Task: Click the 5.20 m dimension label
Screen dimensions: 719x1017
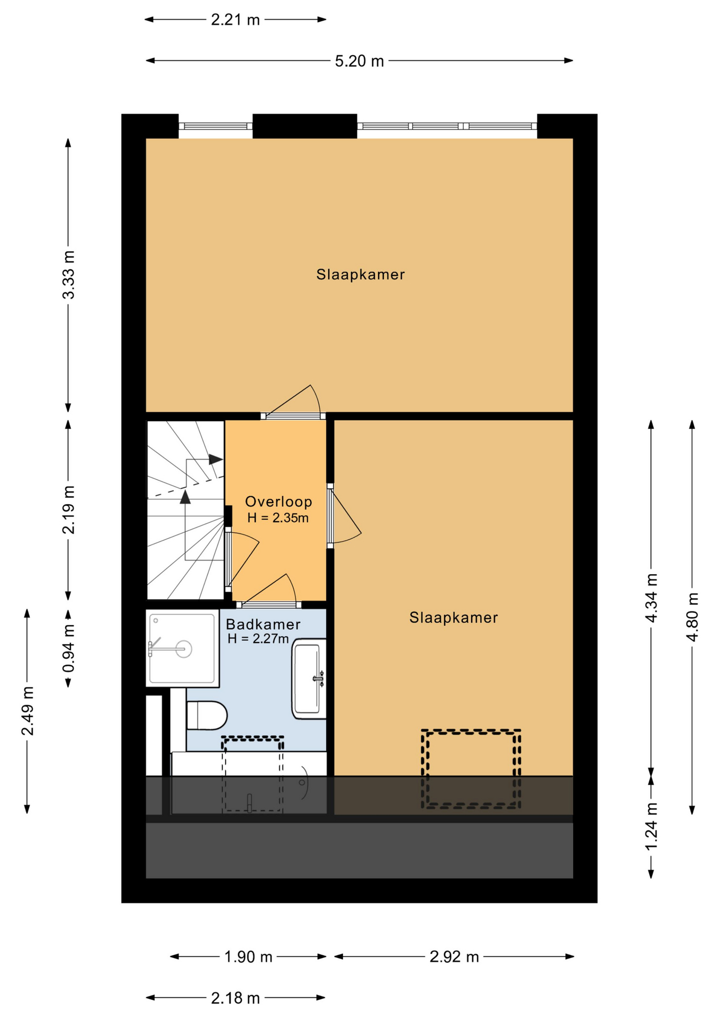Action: [x=359, y=61]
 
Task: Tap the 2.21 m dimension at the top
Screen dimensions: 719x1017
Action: [x=235, y=20]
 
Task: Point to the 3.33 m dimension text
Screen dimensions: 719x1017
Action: [x=68, y=275]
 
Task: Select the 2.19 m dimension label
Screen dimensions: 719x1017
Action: [x=68, y=510]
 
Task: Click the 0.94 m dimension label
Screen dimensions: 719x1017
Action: [x=68, y=648]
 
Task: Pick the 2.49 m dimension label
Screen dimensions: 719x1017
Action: [x=28, y=711]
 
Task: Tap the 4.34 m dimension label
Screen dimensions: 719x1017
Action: [x=652, y=598]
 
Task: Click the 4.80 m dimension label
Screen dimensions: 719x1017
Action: [x=693, y=617]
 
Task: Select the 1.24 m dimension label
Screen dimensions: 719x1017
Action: [x=652, y=826]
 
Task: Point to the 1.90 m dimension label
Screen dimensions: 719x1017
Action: [x=248, y=957]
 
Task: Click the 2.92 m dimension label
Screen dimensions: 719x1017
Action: [x=454, y=957]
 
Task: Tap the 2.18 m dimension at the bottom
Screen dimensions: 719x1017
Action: [x=235, y=998]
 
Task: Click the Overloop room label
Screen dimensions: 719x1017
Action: [x=278, y=502]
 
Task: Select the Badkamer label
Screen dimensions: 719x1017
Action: [x=263, y=625]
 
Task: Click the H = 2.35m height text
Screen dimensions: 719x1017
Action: [x=278, y=518]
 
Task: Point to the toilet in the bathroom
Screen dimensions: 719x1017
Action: [x=207, y=715]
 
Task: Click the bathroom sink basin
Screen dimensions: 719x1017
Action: [x=309, y=679]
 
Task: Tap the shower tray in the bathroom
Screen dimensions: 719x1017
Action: [x=183, y=648]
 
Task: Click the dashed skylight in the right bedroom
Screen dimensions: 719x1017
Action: [x=471, y=769]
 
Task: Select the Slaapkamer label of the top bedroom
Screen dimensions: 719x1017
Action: [x=361, y=274]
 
